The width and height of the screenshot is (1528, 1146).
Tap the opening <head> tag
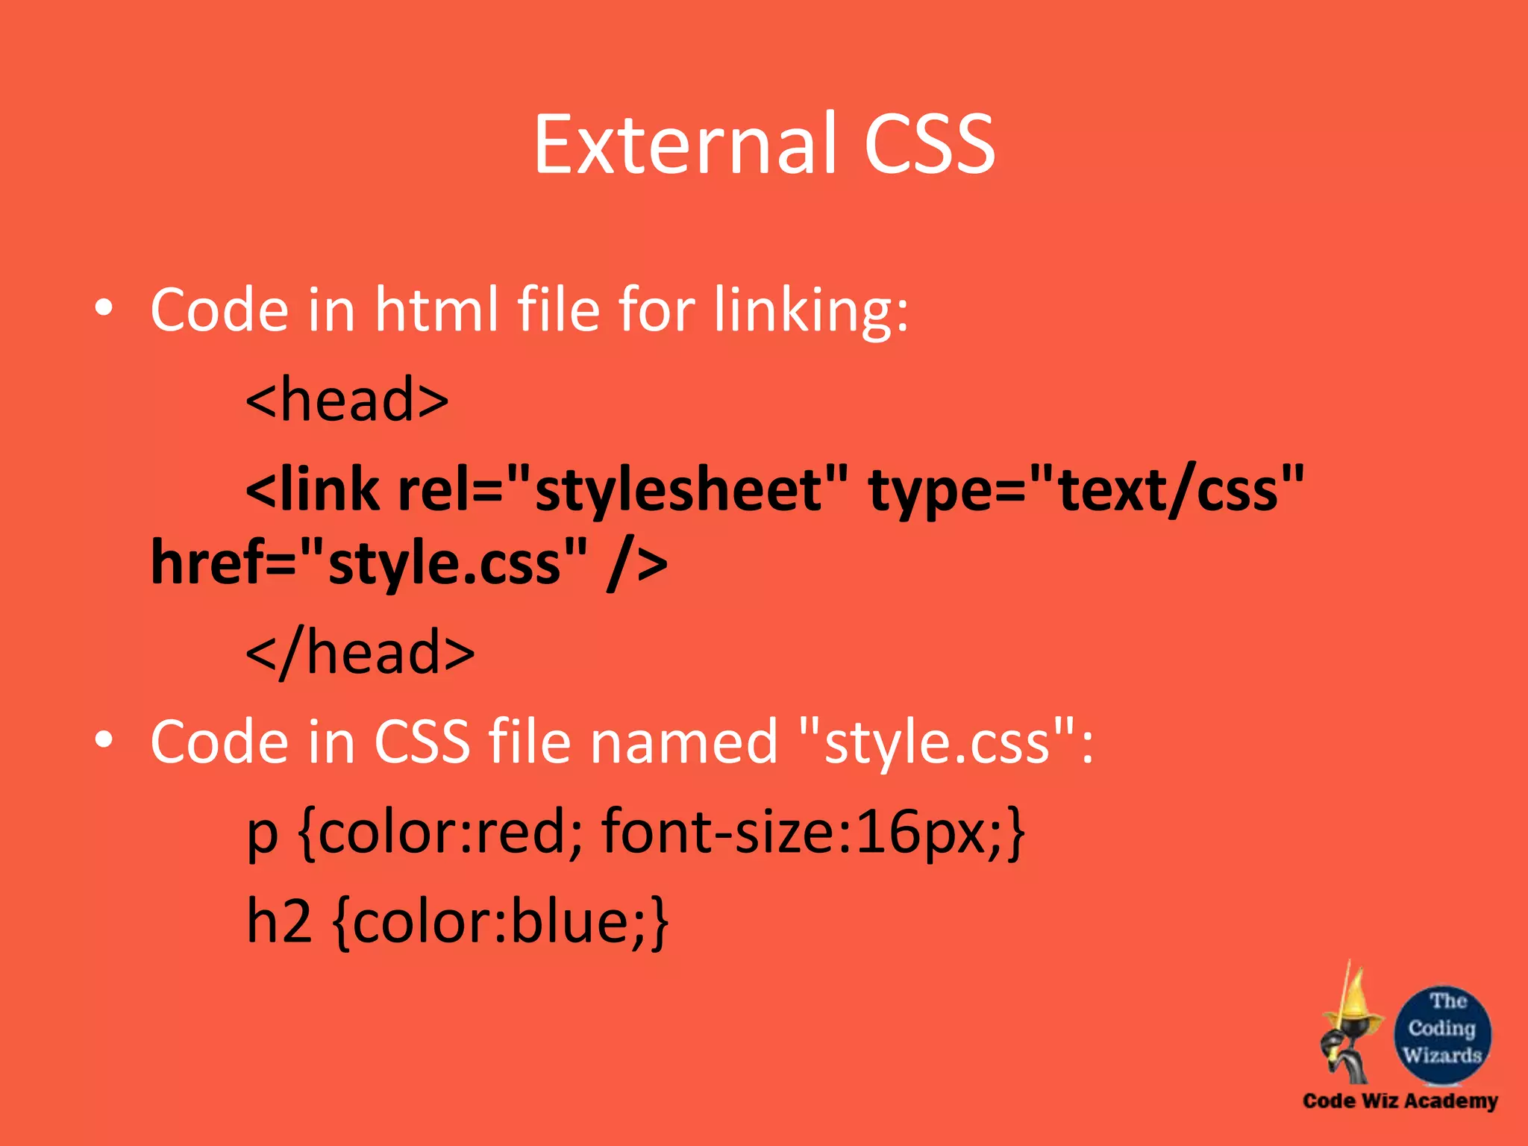tap(347, 400)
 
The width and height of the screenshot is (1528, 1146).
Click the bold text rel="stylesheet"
tap(623, 491)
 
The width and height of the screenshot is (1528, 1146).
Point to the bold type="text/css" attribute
tap(1086, 491)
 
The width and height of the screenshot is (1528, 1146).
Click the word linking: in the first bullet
tap(811, 310)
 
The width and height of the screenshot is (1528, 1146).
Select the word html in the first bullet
tap(436, 310)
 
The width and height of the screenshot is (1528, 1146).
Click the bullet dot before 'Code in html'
tap(104, 308)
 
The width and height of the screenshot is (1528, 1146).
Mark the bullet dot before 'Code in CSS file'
tap(104, 739)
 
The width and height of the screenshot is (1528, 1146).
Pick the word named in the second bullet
tap(684, 742)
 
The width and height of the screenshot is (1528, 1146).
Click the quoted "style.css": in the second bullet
tap(945, 742)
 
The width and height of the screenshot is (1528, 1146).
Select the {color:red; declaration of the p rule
tap(440, 833)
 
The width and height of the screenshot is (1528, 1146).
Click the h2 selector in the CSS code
tap(278, 922)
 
